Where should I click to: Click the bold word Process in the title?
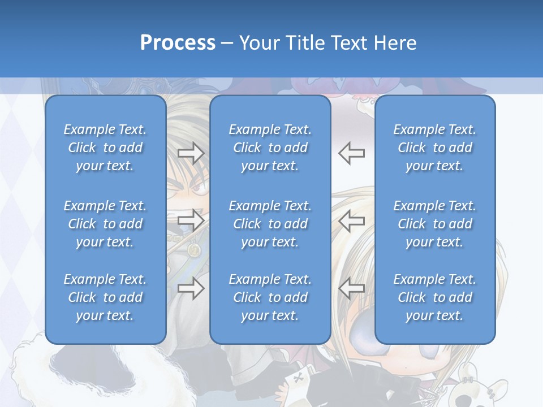click(x=177, y=43)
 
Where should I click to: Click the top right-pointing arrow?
click(x=191, y=153)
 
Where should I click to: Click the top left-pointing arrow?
click(x=352, y=153)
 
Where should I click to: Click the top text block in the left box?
click(x=105, y=148)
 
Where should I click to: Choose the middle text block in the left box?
click(x=105, y=224)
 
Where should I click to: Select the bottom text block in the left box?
click(x=105, y=297)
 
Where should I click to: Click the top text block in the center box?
click(x=270, y=148)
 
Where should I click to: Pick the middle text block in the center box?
click(x=270, y=224)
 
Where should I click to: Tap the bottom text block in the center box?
click(x=270, y=297)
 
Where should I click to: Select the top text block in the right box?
click(x=434, y=148)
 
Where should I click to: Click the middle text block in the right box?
click(x=434, y=224)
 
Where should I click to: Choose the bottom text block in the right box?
click(x=434, y=297)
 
